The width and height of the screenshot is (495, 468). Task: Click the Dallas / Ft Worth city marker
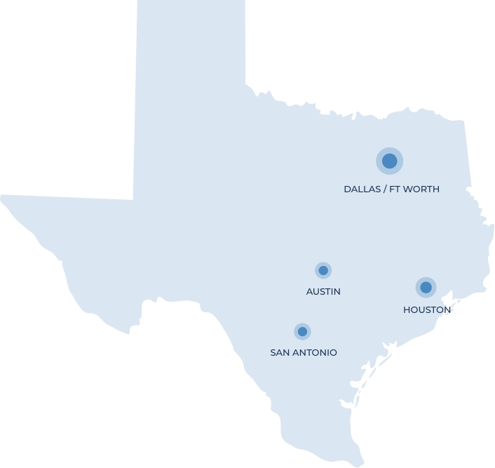tap(389, 161)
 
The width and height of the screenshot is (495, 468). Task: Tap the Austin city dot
tap(323, 270)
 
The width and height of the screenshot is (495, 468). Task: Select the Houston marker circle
tap(426, 287)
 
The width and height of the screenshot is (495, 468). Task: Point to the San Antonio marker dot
tap(302, 331)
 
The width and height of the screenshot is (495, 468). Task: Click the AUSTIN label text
tap(323, 291)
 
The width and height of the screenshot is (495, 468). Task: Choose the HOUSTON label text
tap(427, 309)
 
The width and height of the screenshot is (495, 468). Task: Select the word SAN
tap(280, 353)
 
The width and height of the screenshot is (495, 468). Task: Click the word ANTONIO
tap(315, 353)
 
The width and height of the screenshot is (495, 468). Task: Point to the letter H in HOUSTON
tap(407, 309)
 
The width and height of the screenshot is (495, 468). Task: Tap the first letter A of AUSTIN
tap(309, 291)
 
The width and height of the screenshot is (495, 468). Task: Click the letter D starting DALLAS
tap(347, 189)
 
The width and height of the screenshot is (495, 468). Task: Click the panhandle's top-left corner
tap(138, 1)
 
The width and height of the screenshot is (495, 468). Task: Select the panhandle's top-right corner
tap(245, 1)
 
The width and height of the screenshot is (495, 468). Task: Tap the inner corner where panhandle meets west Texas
tap(133, 200)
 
